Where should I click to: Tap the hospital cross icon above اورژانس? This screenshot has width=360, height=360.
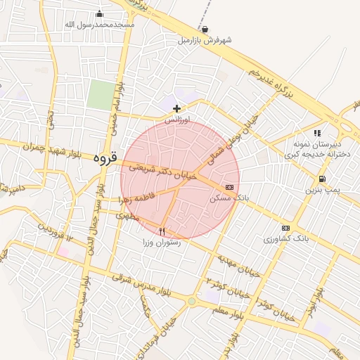176,108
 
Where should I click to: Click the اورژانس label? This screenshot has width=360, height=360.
177,120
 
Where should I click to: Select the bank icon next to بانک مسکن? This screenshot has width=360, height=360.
230,187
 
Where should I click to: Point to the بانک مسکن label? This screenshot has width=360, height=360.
229,199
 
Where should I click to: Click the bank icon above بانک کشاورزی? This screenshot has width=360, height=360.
285,228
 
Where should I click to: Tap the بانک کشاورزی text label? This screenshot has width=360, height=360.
286,240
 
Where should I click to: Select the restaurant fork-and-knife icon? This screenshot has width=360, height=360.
162,231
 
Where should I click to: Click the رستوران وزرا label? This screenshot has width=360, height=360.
162,243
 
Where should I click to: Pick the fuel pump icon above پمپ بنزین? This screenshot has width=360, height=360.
322,179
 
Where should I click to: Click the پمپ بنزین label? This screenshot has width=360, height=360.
323,191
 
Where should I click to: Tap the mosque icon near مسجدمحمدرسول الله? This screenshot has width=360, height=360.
99,13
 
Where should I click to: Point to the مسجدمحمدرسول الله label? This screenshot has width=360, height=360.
99,25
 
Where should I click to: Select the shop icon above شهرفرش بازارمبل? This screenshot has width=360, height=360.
205,30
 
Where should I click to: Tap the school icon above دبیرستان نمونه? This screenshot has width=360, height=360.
317,132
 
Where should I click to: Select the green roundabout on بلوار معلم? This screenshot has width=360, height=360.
191,301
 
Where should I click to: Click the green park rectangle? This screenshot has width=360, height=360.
100,95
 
